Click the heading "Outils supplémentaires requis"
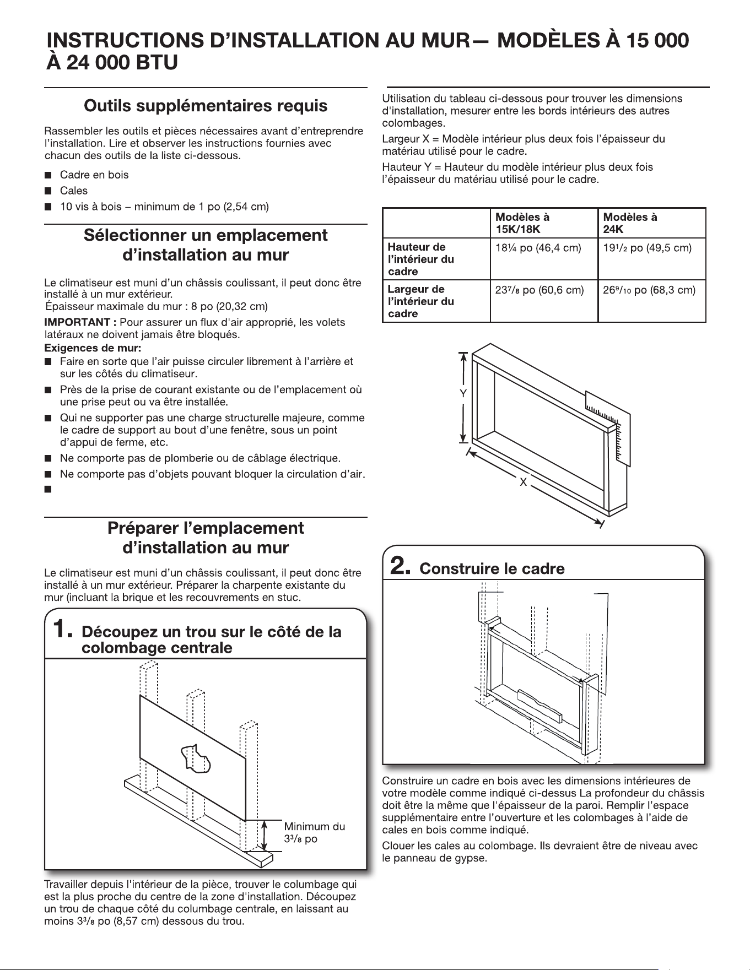point(206,106)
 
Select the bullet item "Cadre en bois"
point(94,175)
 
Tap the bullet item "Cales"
point(74,191)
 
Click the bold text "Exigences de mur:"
point(85,348)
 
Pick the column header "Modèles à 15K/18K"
point(522,223)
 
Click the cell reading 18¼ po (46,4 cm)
point(538,248)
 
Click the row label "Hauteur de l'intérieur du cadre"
point(421,259)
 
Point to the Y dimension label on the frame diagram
point(463,394)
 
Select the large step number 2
point(400,566)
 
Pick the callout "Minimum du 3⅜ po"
point(315,832)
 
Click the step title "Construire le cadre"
point(492,568)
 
